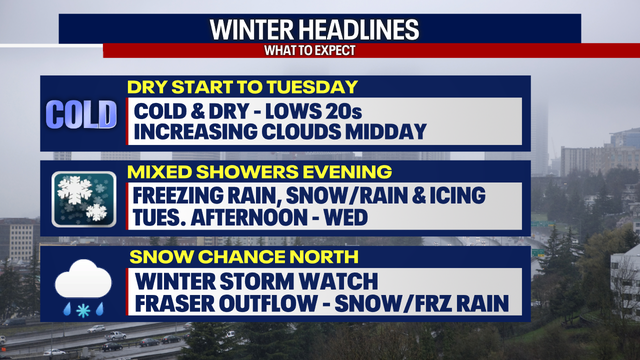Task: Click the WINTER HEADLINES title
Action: pyautogui.click(x=320, y=29)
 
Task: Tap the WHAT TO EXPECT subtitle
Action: pyautogui.click(x=320, y=50)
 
